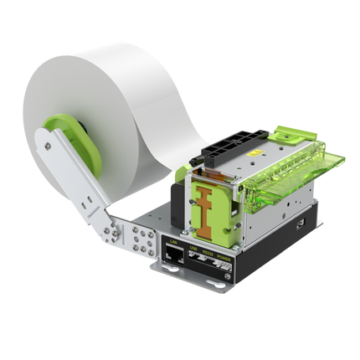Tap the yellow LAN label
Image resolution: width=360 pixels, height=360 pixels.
coord(173,243)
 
